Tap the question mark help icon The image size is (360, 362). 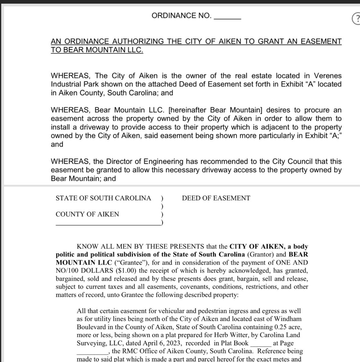(x=356, y=19)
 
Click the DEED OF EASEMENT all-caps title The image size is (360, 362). (x=216, y=198)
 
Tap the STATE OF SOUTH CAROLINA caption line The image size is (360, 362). (x=103, y=198)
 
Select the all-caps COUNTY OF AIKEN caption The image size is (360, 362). (x=87, y=214)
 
